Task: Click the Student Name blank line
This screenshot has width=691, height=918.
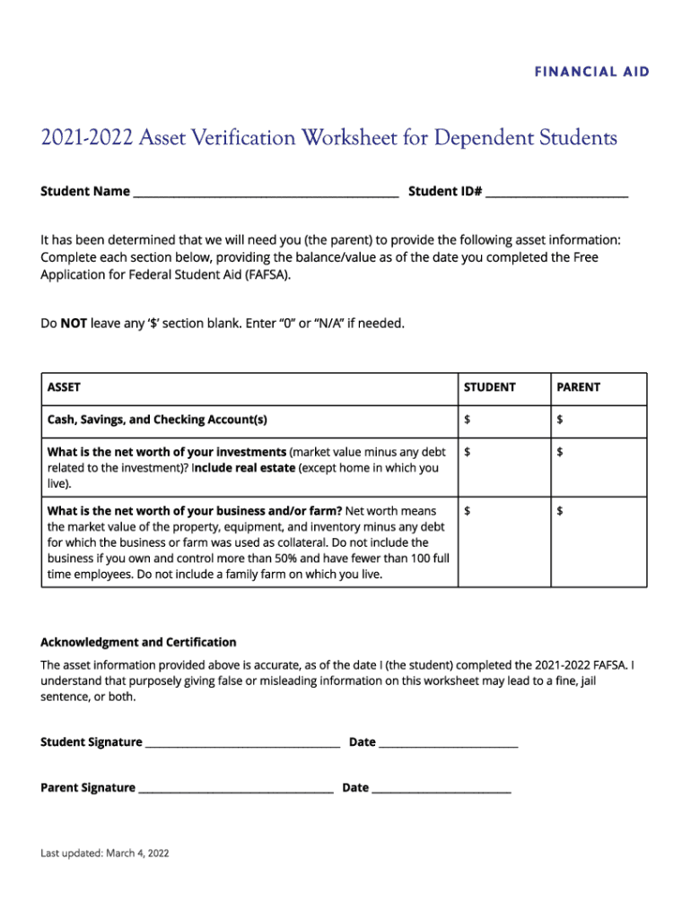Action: (266, 192)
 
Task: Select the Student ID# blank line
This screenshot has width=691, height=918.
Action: (556, 192)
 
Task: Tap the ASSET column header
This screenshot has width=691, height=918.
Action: (64, 387)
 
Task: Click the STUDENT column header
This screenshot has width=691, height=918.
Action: (489, 387)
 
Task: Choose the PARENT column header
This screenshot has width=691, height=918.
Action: (578, 387)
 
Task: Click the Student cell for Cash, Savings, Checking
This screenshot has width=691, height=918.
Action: (503, 420)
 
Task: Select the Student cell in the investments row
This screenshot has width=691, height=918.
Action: (503, 467)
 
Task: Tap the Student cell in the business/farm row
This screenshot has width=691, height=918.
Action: (503, 541)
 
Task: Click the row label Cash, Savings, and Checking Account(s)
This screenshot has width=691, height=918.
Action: (157, 420)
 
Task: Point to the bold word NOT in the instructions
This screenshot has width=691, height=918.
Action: (73, 323)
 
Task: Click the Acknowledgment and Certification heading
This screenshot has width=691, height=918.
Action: (138, 642)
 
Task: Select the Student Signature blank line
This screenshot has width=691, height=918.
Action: (242, 743)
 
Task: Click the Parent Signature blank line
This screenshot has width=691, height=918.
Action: (235, 789)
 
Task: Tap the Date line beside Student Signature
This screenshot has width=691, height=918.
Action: (448, 743)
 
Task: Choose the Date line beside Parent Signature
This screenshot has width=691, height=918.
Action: (441, 789)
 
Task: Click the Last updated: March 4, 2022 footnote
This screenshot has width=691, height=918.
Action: (104, 853)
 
